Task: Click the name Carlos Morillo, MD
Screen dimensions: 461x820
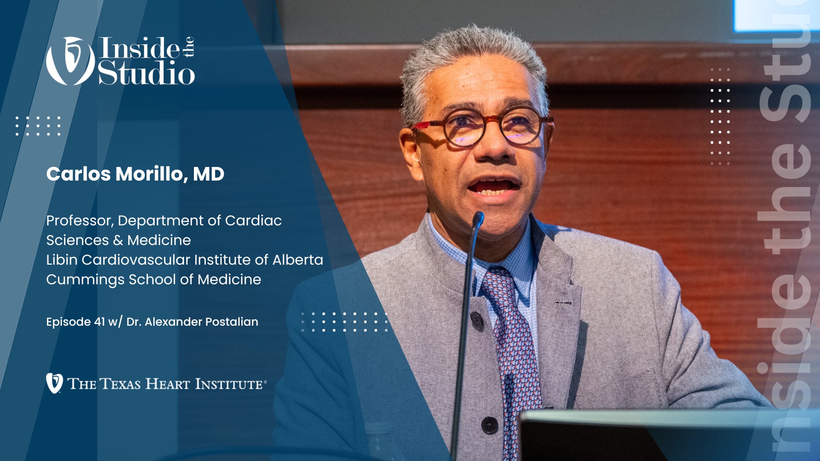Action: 135,174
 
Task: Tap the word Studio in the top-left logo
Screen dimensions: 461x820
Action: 146,73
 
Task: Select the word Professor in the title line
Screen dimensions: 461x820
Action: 79,221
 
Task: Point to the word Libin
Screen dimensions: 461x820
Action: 62,260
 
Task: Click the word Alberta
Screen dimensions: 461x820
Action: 298,260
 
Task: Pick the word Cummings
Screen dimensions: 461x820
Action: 85,280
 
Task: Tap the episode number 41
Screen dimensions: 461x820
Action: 99,322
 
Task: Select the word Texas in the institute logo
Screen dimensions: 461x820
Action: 120,384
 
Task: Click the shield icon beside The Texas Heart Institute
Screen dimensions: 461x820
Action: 54,383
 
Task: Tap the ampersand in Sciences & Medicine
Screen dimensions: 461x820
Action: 118,240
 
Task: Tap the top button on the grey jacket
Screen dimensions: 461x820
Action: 476,318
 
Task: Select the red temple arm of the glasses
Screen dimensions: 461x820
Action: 423,125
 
